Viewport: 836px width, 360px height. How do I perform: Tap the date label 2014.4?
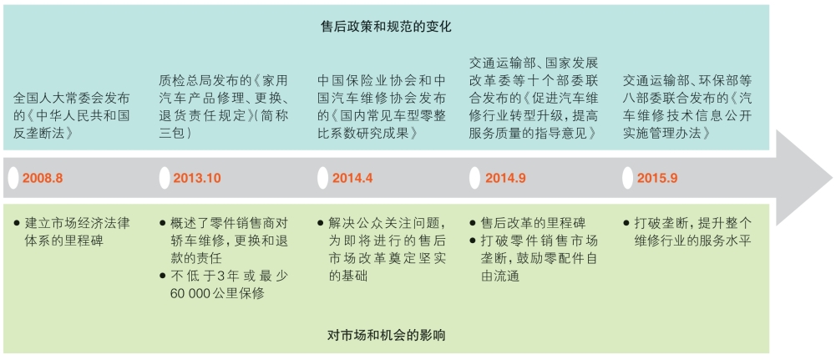coord(352,178)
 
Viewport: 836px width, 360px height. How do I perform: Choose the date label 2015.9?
coord(657,178)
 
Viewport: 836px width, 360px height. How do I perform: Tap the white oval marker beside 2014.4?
coord(322,178)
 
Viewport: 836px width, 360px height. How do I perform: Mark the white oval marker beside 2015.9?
coord(628,178)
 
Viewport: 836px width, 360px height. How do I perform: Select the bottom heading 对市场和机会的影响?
coord(387,336)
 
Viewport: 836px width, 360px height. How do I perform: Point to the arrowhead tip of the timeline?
coord(833,178)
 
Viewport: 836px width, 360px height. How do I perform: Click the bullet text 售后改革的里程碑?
coord(533,223)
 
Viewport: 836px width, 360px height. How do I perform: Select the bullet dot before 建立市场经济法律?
coord(18,222)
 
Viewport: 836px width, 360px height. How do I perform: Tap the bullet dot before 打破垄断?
coord(626,222)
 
